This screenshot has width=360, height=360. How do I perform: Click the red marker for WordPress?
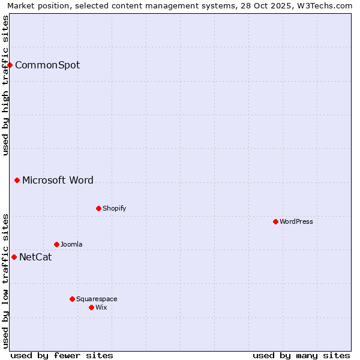point(275,221)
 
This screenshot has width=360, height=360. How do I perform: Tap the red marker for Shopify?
point(98,208)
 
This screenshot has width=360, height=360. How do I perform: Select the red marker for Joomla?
point(56,244)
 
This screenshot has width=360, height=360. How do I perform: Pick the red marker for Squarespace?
point(72,299)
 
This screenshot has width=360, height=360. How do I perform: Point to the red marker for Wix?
point(91,307)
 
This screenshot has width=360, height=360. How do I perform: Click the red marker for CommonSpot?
point(10,65)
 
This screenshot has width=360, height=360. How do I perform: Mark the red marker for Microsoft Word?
point(17,180)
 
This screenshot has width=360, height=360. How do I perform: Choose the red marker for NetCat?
point(14,257)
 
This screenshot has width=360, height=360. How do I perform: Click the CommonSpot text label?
point(47,65)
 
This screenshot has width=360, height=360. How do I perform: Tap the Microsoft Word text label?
point(58,180)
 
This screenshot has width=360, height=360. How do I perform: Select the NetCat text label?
point(35,257)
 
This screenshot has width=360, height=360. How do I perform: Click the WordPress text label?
point(296,221)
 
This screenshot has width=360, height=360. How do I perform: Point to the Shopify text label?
point(115,208)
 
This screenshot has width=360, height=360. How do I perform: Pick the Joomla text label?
point(71,244)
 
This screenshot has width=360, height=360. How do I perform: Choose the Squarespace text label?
point(97,299)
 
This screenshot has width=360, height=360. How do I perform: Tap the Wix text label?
point(101,307)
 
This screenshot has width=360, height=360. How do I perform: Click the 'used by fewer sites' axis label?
point(62,355)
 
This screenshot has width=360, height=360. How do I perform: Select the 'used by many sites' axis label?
point(301,355)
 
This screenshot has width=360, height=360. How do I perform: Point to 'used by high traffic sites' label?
point(5,85)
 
